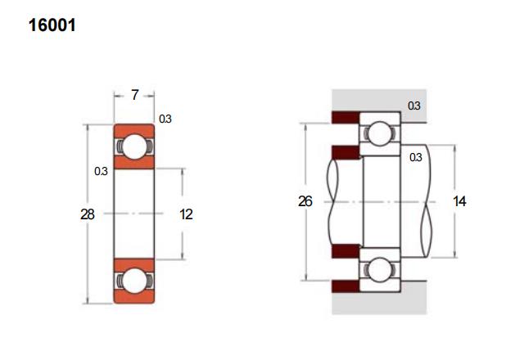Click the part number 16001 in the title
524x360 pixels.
tap(52, 25)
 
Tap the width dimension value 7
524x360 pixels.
tap(134, 95)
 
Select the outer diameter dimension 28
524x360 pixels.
tap(88, 214)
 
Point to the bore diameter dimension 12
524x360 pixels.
tap(186, 214)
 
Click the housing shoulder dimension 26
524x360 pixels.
tap(305, 201)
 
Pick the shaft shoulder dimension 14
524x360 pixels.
tap(459, 201)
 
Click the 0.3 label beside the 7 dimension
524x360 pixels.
tap(165, 119)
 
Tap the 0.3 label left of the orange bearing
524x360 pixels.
tap(101, 171)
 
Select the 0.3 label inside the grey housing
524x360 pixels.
tap(414, 106)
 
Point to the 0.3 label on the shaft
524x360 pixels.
tap(416, 157)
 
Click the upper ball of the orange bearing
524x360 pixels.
tap(134, 146)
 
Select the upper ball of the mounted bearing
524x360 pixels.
tap(380, 133)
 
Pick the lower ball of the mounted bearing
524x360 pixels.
tap(380, 270)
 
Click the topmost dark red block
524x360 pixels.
tap(346, 117)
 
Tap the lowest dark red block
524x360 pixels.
tap(346, 286)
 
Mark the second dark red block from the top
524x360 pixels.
tap(346, 152)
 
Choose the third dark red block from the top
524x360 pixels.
tap(346, 251)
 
